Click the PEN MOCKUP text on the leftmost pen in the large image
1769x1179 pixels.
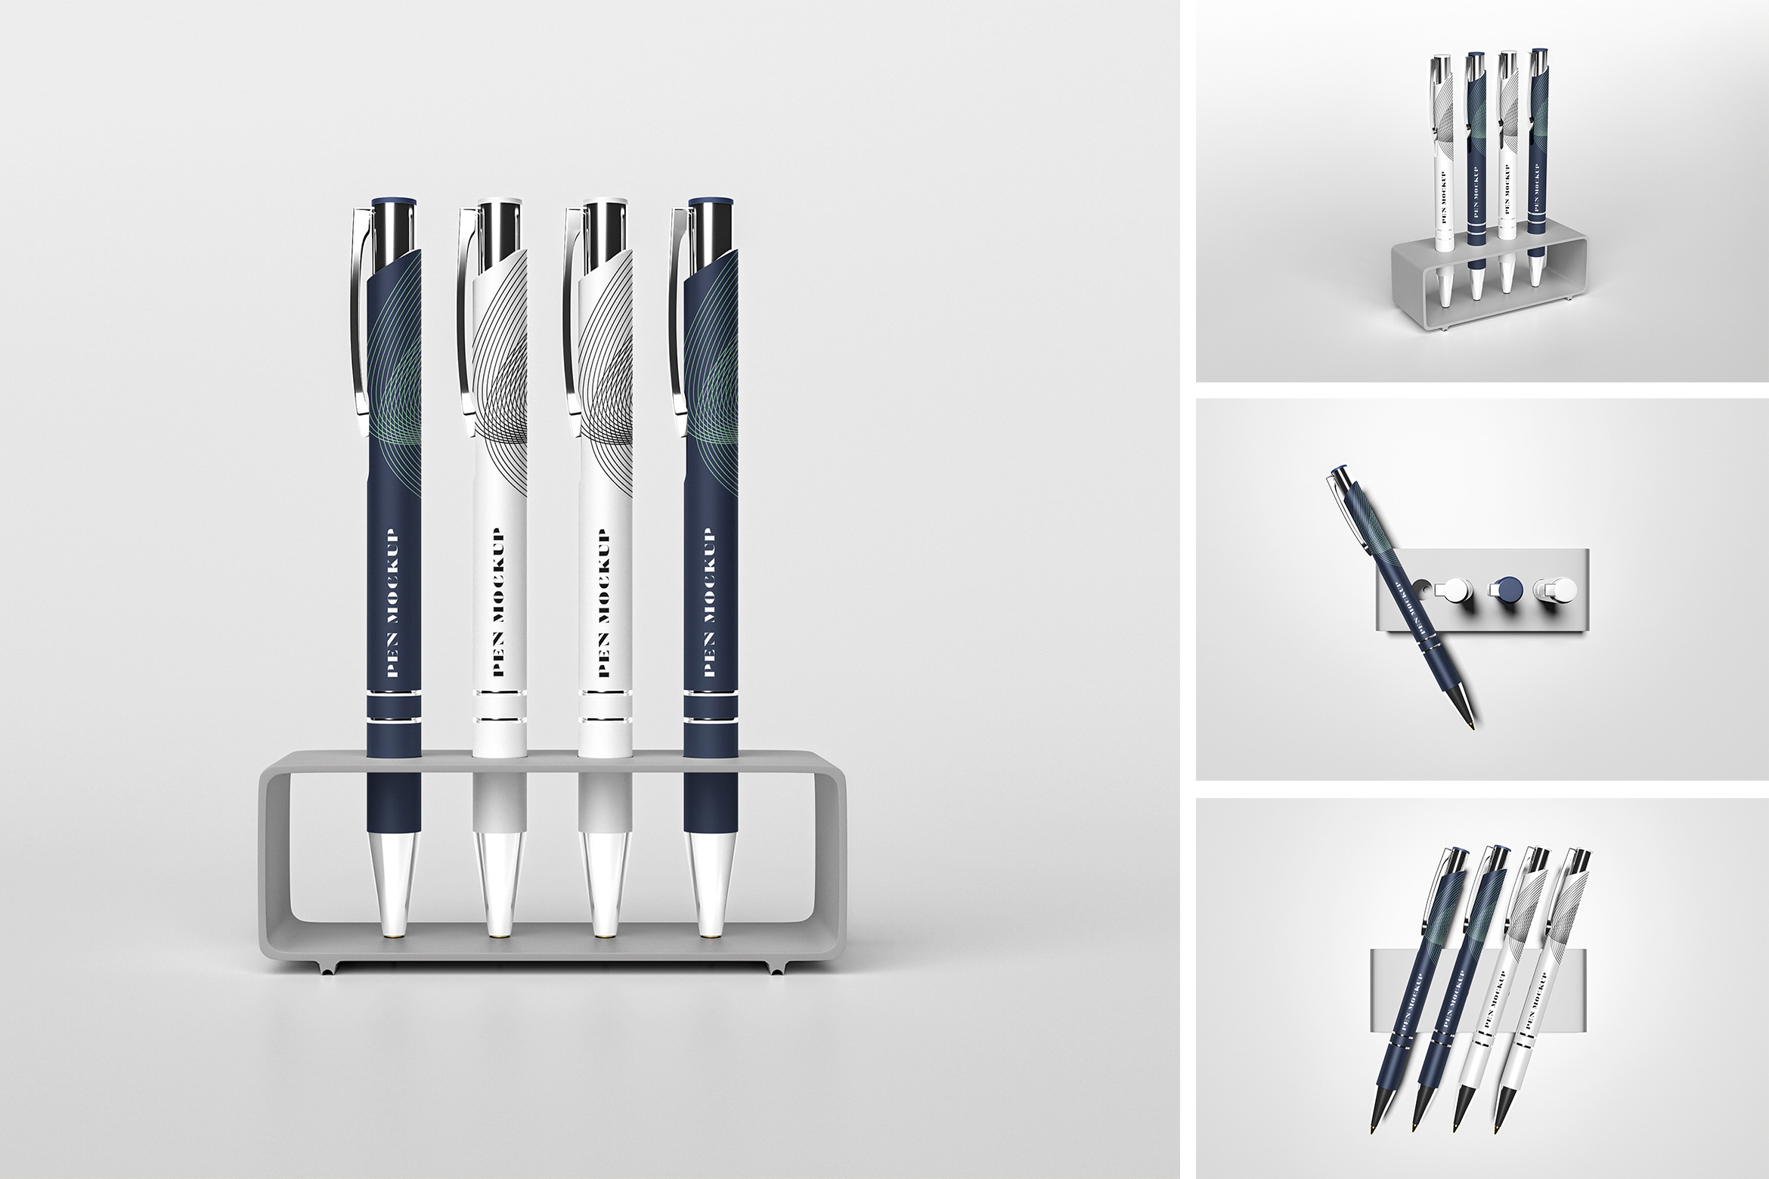tap(392, 606)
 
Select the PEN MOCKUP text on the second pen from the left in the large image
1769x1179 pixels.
tap(498, 606)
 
